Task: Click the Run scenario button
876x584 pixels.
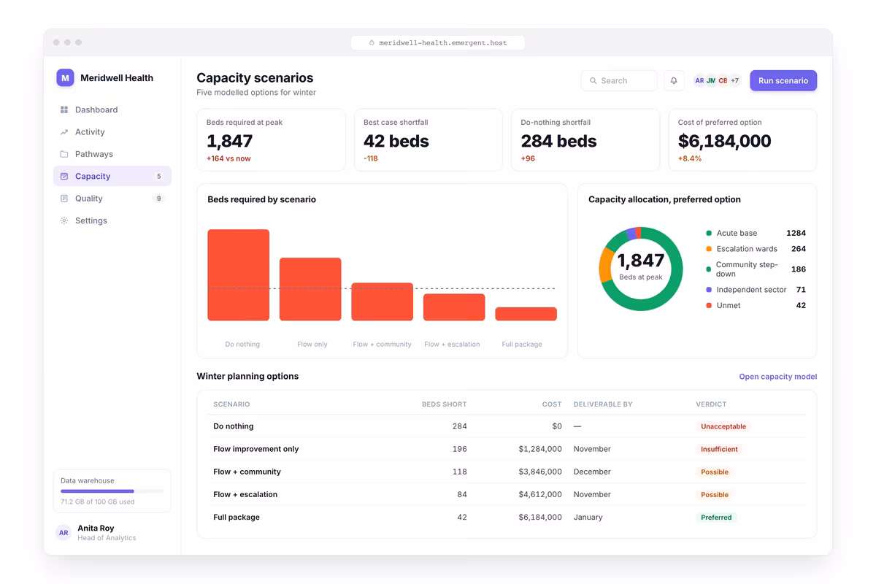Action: coord(783,80)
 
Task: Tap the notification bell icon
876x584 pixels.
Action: coord(674,80)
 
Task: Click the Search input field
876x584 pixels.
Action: coord(619,80)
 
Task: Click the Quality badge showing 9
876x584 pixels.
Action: coord(158,199)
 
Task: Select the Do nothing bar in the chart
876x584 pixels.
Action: coord(239,275)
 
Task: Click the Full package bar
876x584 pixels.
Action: coord(526,314)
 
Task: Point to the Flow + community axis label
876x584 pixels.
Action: coord(382,345)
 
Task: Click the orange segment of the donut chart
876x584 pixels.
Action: coord(605,265)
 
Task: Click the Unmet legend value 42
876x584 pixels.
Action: coord(801,305)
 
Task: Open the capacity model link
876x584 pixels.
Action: coord(778,376)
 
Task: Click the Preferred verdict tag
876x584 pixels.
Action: coord(716,517)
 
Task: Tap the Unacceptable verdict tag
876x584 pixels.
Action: coord(723,426)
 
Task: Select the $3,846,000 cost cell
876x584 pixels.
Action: coord(540,472)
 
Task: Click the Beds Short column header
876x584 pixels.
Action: coord(445,404)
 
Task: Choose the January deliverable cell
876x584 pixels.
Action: coord(588,517)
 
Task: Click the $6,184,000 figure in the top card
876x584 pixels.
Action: coord(725,141)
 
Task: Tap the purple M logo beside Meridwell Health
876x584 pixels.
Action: coord(65,78)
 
